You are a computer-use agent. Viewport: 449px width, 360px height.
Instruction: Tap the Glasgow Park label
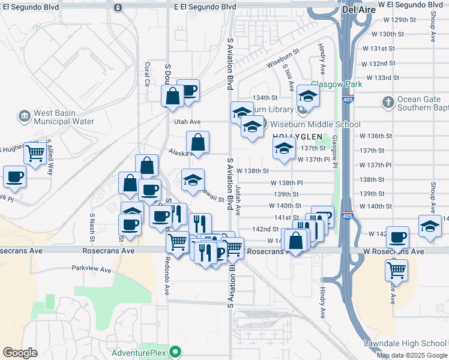[x=336, y=85]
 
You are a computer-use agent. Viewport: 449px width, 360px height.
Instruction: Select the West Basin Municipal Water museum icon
[x=24, y=115]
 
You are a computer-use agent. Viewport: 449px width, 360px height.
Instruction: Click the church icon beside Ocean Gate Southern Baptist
[x=388, y=103]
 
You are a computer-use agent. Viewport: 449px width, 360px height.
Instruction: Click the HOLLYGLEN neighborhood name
[x=294, y=137]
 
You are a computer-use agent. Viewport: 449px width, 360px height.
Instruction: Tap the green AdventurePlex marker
[x=175, y=352]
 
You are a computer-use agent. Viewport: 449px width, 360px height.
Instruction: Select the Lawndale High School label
[x=405, y=343]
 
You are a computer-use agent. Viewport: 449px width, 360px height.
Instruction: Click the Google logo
[x=20, y=352]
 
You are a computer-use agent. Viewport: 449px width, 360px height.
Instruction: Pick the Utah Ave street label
[x=187, y=122]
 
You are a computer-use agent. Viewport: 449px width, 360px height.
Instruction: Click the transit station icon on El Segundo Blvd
[x=118, y=7]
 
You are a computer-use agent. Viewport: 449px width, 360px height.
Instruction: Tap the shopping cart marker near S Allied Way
[x=35, y=154]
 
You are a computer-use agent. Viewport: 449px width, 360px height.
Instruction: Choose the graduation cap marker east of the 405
[x=429, y=226]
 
